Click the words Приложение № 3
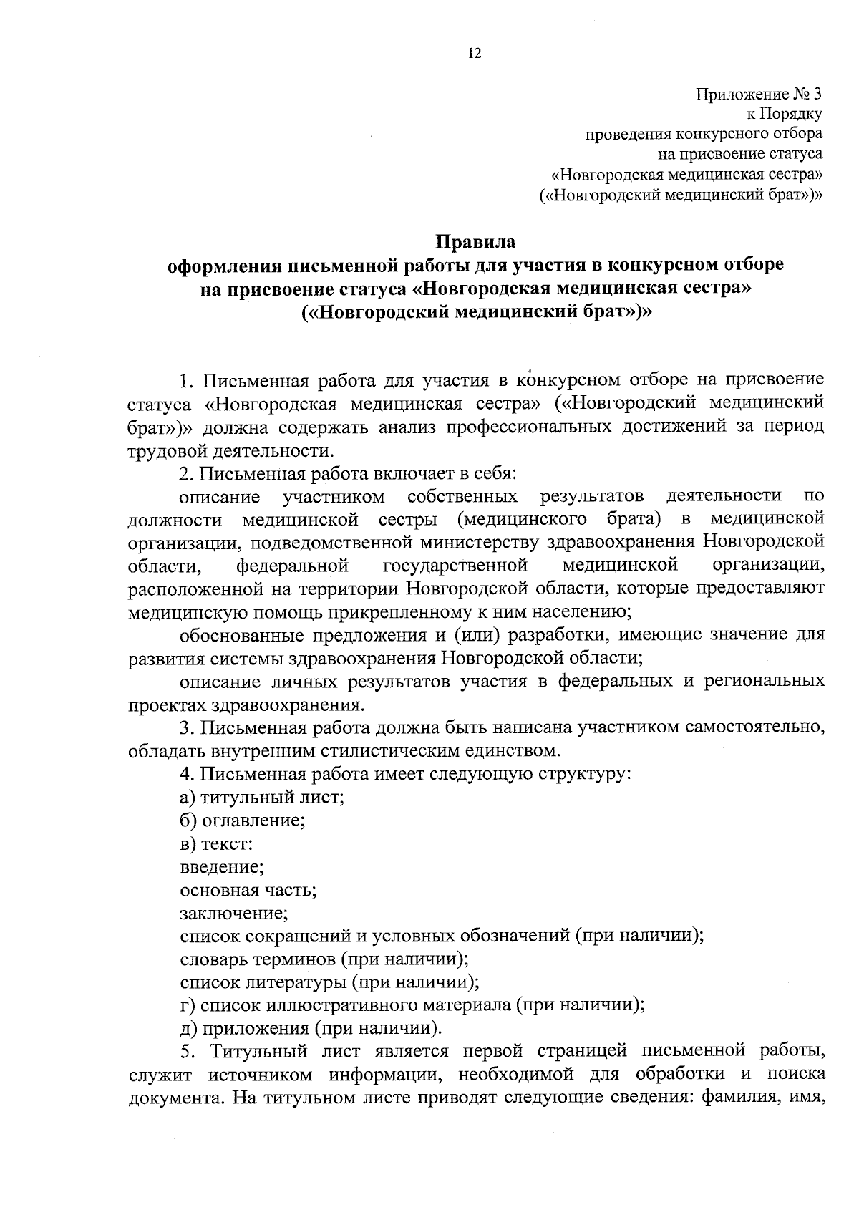[759, 95]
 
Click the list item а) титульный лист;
[262, 797]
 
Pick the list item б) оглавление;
[243, 821]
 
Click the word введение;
[222, 867]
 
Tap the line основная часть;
[248, 890]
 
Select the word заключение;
[233, 914]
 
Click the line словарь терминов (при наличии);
[324, 959]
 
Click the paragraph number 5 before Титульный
[186, 1052]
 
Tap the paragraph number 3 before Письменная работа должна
[185, 728]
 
